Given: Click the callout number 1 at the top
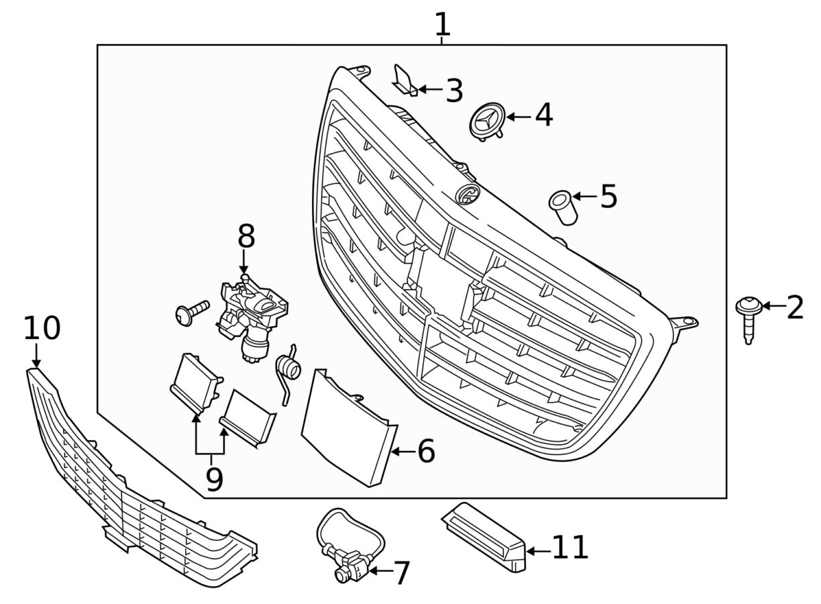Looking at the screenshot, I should coord(442,24).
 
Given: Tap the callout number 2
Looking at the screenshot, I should coord(795,307).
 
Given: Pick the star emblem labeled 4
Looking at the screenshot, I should coord(488,121).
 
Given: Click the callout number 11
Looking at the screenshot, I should coord(570,548).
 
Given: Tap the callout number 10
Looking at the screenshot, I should coord(42,329).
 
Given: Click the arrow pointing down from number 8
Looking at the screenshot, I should coord(245,262).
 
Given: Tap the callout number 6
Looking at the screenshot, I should coord(426,452).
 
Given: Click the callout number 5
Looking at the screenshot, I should coord(608,196).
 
